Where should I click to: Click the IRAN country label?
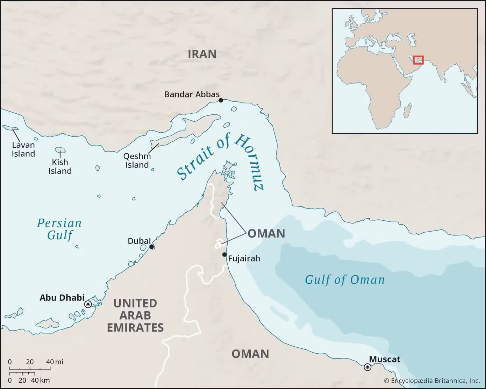[x=202, y=54]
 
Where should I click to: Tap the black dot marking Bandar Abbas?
[x=221, y=100]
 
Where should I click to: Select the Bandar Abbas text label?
[x=192, y=94]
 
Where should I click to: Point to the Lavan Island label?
[x=23, y=149]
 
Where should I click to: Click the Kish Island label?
[x=60, y=167]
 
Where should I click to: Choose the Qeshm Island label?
[x=137, y=161]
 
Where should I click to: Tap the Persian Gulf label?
[x=59, y=229]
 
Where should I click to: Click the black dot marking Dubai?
[x=151, y=247]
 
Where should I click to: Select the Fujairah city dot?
[x=224, y=254]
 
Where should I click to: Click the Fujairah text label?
[x=244, y=259]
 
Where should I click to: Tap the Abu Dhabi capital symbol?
[x=88, y=304]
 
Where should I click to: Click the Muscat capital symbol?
[x=367, y=367]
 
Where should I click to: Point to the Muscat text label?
[x=385, y=359]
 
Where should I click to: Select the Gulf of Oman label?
[x=345, y=280]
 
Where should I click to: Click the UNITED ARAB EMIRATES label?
[x=135, y=315]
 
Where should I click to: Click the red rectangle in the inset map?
[x=418, y=60]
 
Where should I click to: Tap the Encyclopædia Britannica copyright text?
[x=432, y=381]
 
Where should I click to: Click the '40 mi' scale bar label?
[x=55, y=362]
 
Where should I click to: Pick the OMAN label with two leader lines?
[x=266, y=233]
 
